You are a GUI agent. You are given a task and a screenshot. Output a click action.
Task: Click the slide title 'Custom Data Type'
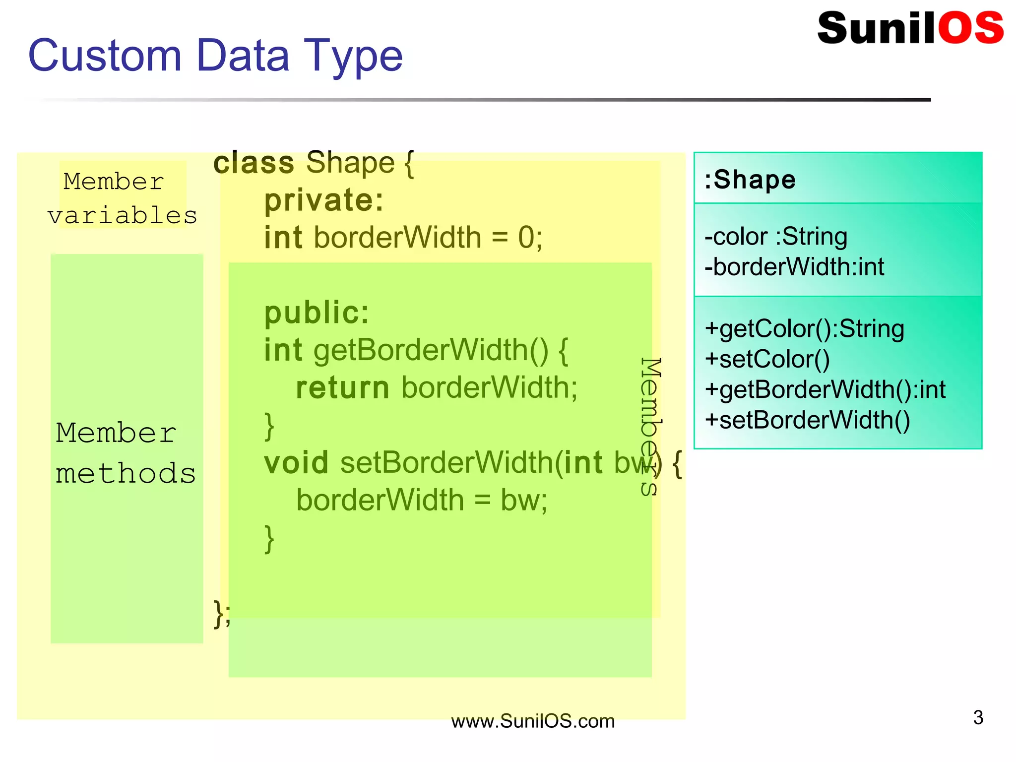tap(215, 56)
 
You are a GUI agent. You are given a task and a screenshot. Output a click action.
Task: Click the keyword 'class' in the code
tap(254, 163)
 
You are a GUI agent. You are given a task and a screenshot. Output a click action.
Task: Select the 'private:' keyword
tap(323, 200)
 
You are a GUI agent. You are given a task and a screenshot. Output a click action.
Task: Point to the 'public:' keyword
tap(317, 313)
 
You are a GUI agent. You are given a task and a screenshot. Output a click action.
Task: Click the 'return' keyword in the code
tap(342, 388)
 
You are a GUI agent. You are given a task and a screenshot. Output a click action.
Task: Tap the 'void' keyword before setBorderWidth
tap(296, 463)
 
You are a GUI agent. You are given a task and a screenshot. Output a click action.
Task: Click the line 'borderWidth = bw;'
tap(422, 500)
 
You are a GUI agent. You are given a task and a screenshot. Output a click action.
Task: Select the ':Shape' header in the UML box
tap(750, 180)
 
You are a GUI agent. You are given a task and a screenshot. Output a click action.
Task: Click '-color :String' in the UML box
tap(776, 237)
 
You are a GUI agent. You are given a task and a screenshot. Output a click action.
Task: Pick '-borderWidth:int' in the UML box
tap(794, 267)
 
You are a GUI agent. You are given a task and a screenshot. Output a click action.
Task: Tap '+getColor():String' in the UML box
tap(804, 329)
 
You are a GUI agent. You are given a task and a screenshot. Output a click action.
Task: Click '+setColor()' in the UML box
tap(767, 359)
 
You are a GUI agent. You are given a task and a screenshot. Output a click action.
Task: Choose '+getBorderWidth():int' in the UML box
tap(825, 389)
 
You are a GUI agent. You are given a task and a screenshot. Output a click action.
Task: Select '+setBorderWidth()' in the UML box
tap(807, 420)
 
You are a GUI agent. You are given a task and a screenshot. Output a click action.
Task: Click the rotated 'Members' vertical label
tap(650, 427)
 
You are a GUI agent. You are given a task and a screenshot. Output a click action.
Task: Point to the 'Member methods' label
tap(125, 452)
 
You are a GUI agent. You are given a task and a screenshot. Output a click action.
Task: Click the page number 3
tap(978, 717)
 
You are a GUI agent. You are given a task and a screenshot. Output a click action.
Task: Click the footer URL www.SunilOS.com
tap(532, 721)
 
